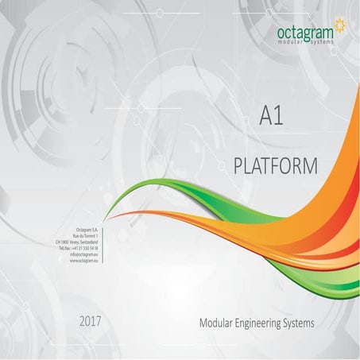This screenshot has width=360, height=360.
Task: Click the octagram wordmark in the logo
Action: tap(305, 31)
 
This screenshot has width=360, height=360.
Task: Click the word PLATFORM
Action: tap(277, 165)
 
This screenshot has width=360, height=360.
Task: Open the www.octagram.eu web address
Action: tap(95, 261)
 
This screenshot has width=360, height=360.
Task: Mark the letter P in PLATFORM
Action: tap(241, 165)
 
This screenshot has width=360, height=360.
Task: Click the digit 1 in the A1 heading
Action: tap(280, 118)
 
